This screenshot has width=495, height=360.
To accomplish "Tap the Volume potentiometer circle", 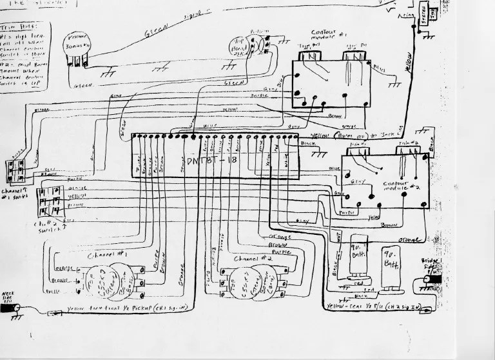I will pos(79,48).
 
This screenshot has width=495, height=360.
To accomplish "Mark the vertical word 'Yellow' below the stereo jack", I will pos(409,61).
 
